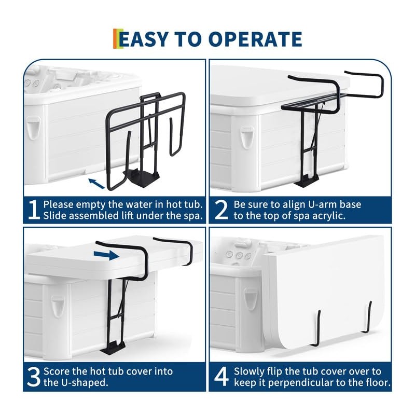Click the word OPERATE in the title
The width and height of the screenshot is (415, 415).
point(255,39)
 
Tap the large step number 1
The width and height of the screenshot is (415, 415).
point(34,210)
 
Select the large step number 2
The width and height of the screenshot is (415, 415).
point(221,210)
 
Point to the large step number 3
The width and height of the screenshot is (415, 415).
point(34,377)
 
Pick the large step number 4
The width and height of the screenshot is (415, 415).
point(222,377)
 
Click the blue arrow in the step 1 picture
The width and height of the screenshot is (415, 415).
point(96,183)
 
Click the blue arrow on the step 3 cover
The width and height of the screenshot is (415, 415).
point(106,255)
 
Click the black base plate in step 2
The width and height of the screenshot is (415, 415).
point(307,182)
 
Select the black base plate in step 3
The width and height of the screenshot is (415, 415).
point(113,348)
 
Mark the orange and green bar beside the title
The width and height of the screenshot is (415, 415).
point(118,38)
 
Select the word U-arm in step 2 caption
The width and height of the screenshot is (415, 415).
point(323,204)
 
